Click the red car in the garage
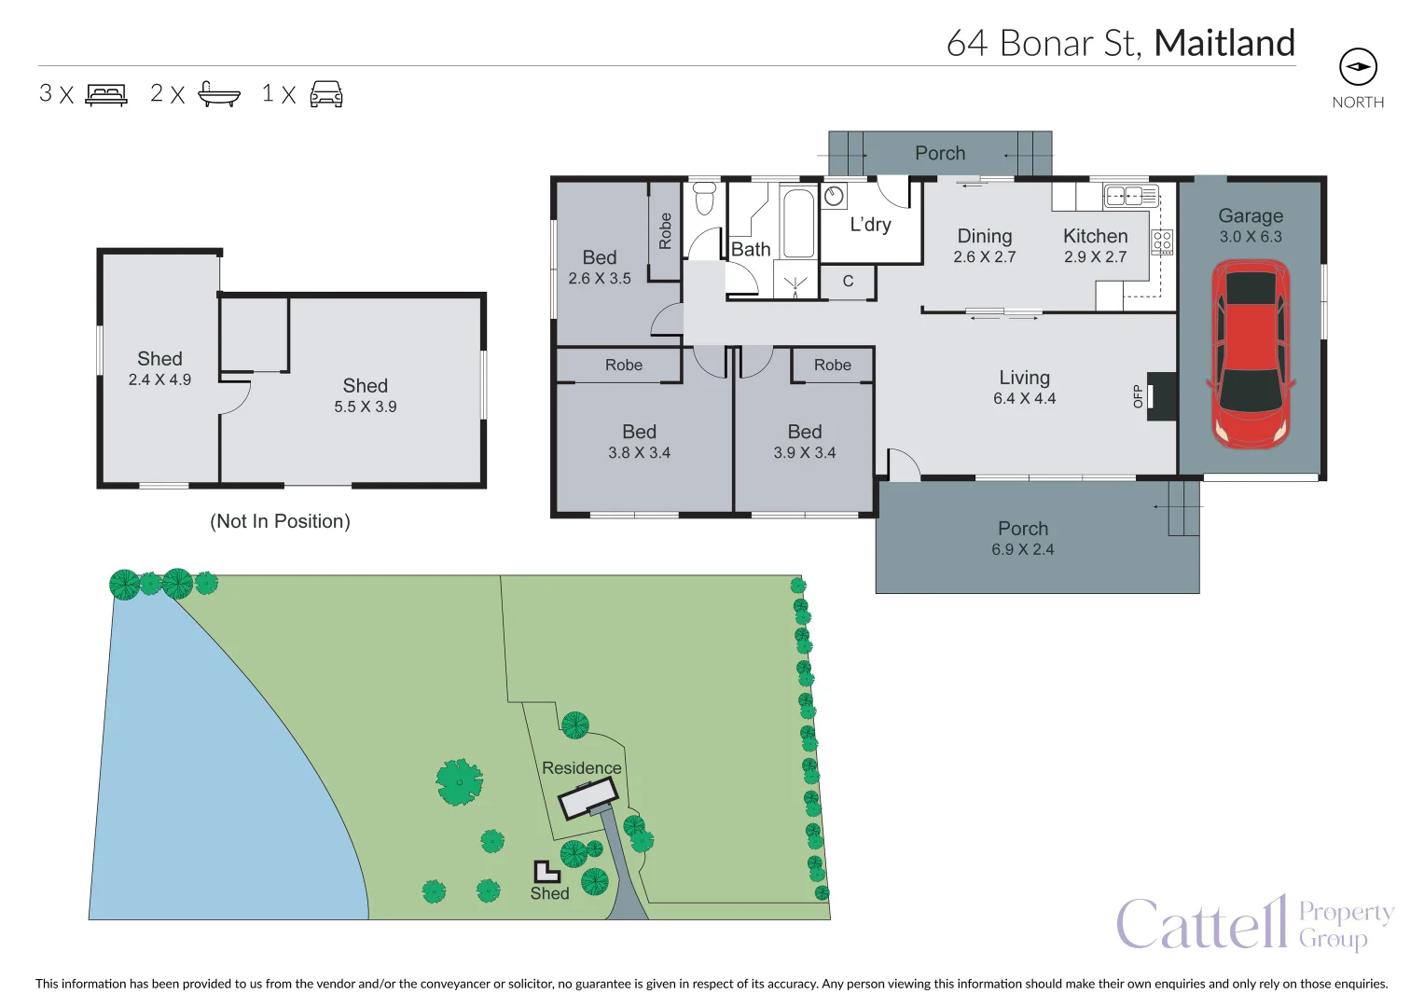[x=1251, y=354]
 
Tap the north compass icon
[x=1358, y=67]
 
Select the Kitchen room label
[x=1095, y=237]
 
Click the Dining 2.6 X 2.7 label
[x=984, y=245]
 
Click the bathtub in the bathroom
[x=798, y=224]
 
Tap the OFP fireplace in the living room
[x=1160, y=396]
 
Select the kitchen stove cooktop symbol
[x=1162, y=242]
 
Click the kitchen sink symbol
[x=1130, y=196]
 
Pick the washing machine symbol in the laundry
[x=834, y=196]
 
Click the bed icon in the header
[x=106, y=94]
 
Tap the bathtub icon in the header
[x=219, y=94]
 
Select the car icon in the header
[x=325, y=94]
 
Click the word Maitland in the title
[x=1224, y=43]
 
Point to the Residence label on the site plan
[x=581, y=768]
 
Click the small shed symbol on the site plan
[x=546, y=872]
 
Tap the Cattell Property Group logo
[x=1254, y=923]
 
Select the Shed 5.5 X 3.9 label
[x=365, y=395]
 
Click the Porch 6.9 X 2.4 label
[x=1023, y=538]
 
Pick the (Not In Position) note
[x=280, y=521]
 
